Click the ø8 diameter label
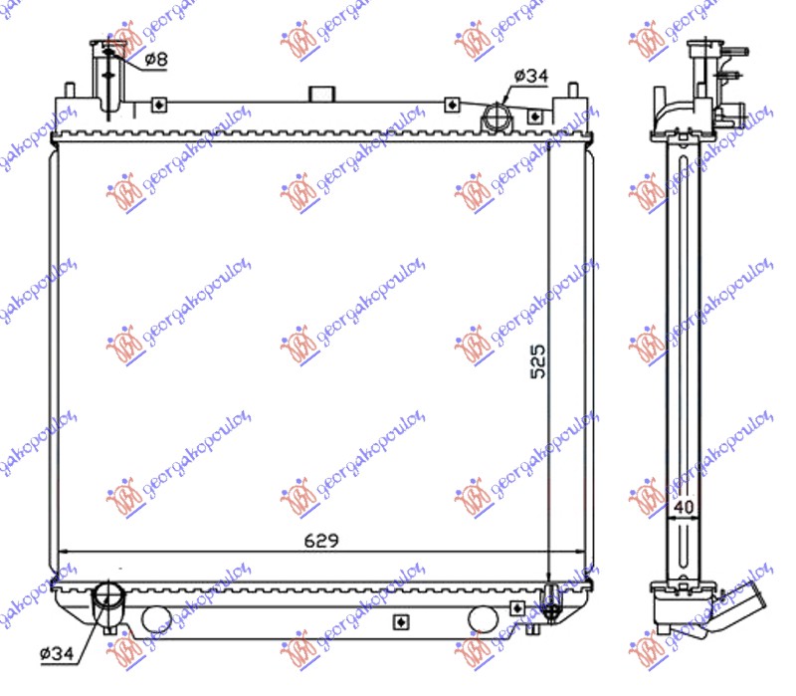click(156, 59)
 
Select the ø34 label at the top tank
click(531, 76)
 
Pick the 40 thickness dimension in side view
click(683, 508)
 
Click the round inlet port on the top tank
click(495, 119)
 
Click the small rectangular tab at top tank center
click(320, 95)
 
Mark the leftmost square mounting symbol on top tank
click(158, 104)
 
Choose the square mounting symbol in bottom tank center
click(400, 622)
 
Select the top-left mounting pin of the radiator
click(71, 89)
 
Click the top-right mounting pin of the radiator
click(571, 91)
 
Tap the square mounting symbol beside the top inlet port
click(535, 116)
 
